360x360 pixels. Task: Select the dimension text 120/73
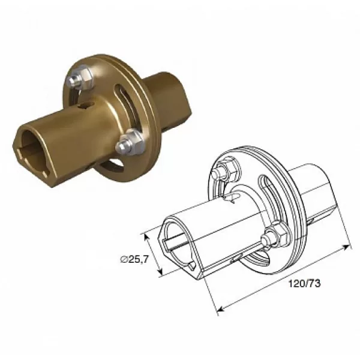pyautogui.click(x=304, y=284)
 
